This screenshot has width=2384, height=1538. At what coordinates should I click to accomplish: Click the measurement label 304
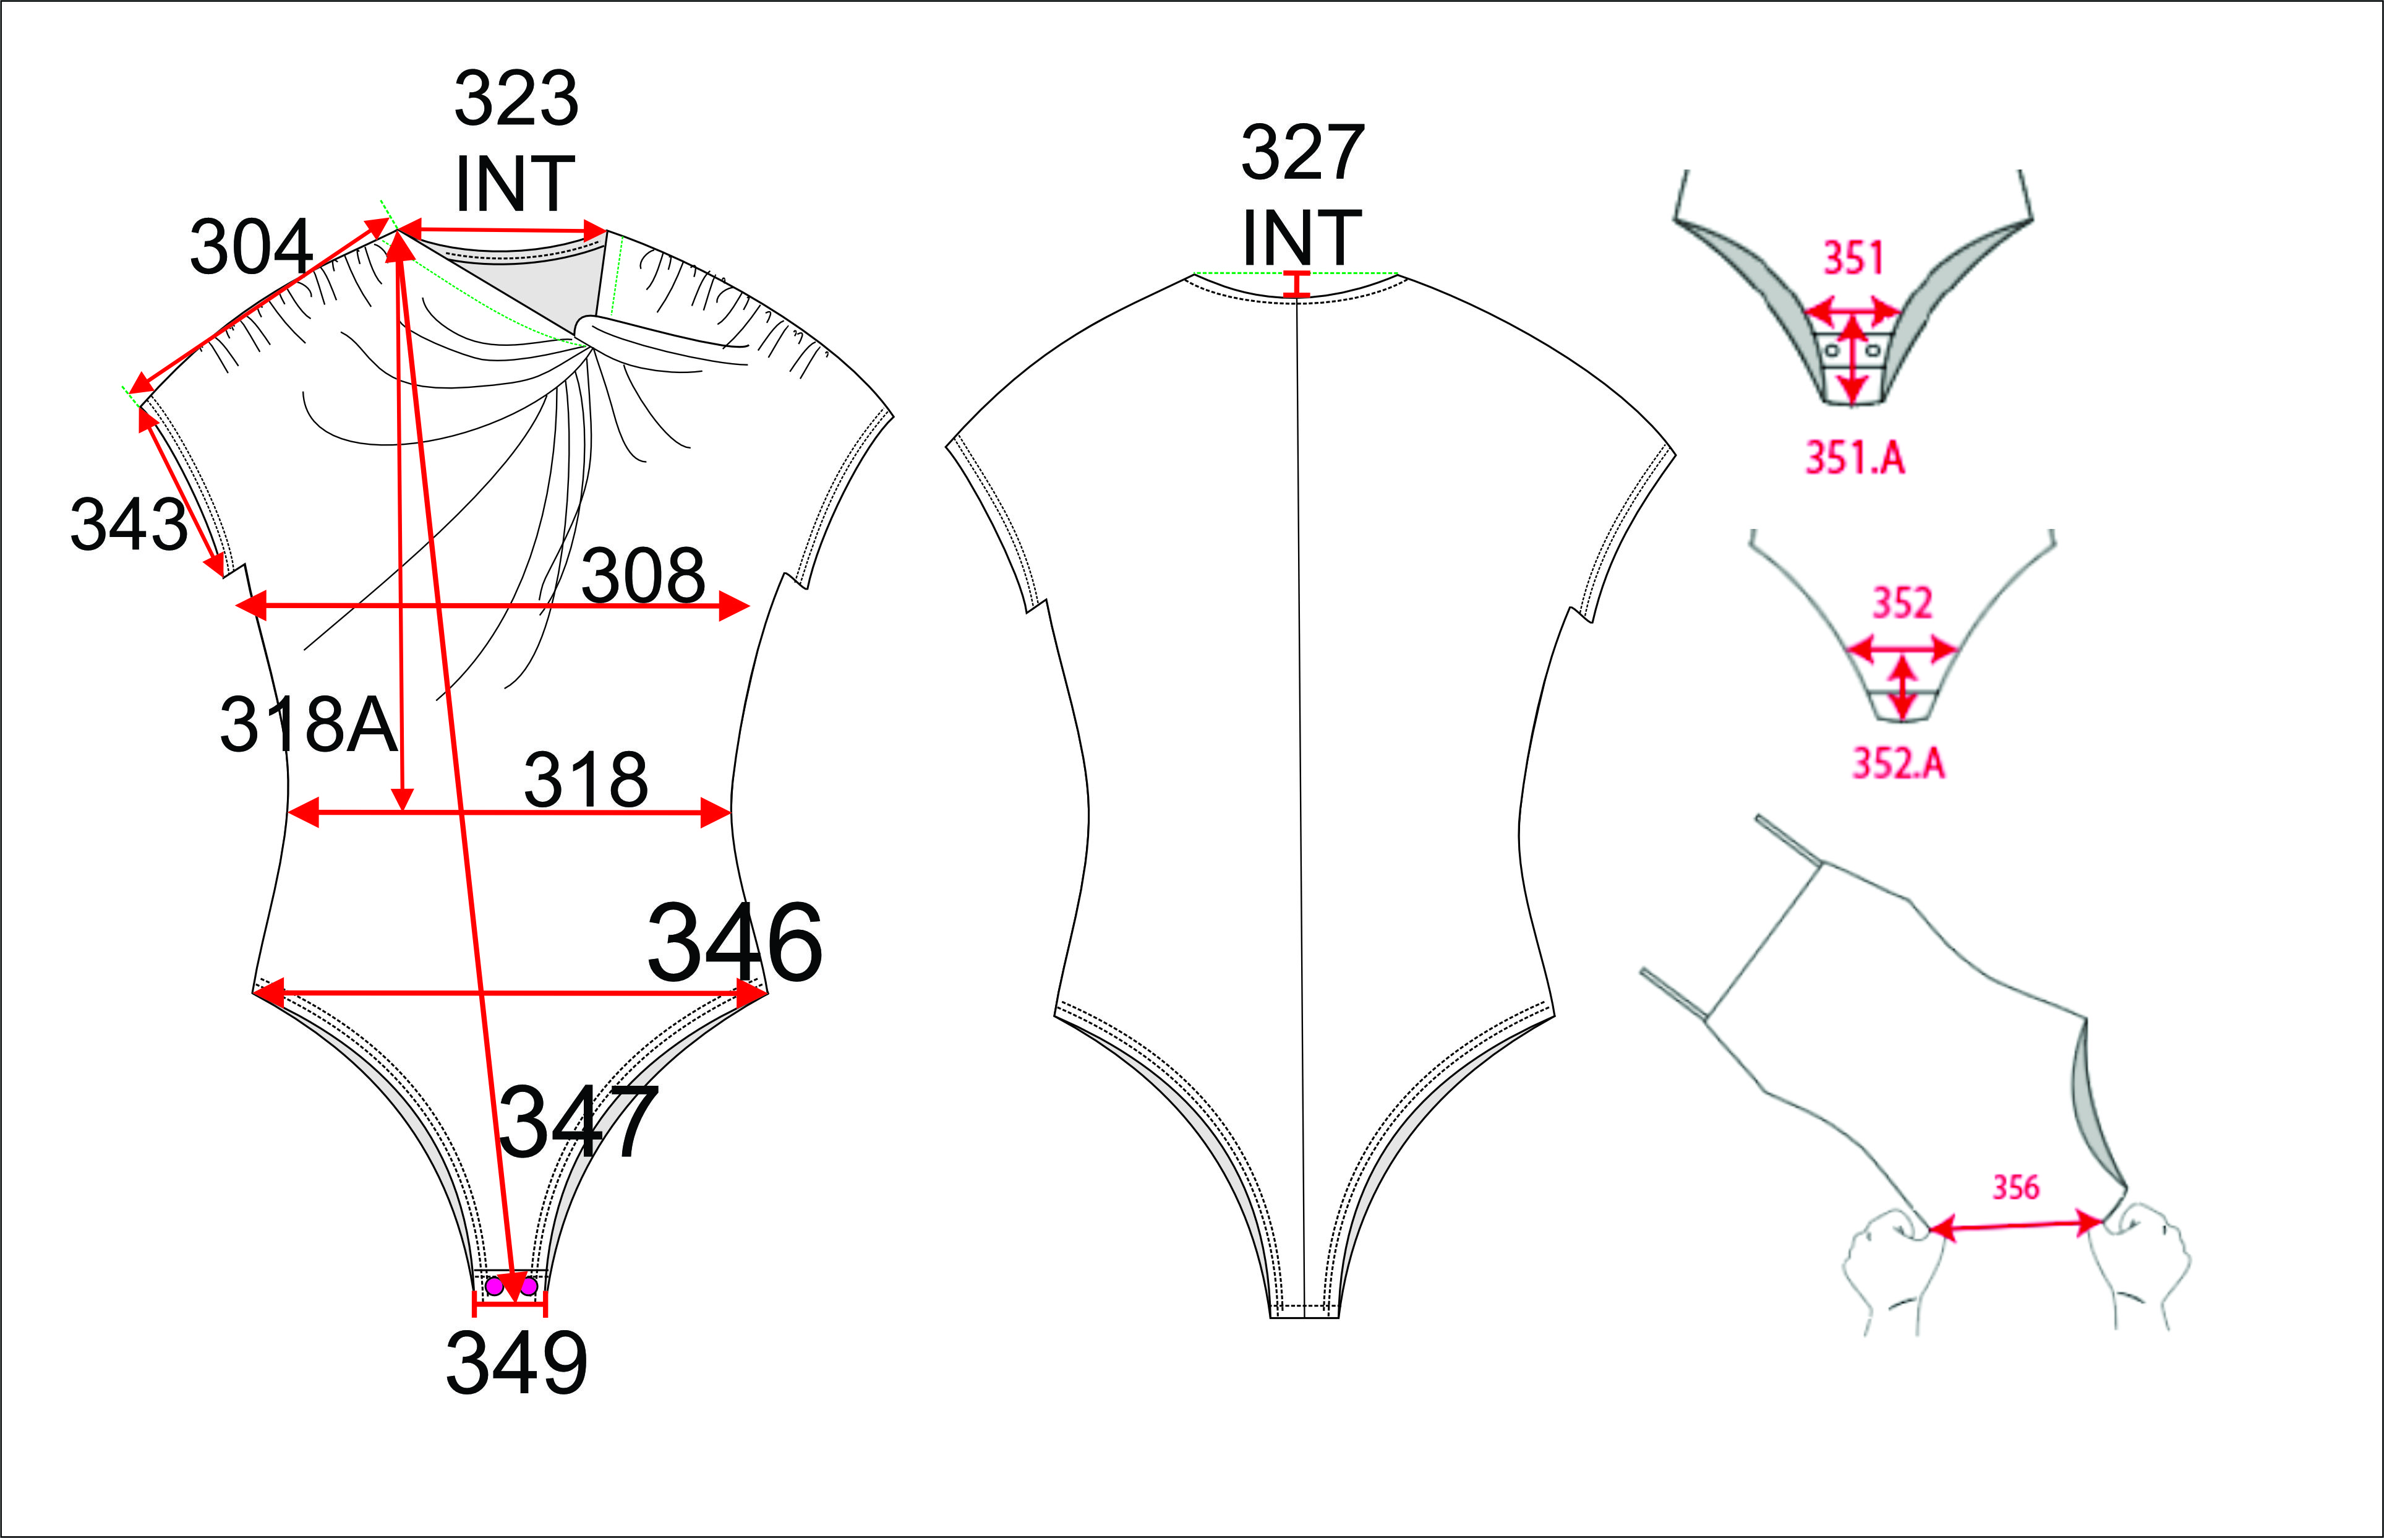(252, 247)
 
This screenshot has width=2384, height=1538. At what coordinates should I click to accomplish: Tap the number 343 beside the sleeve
(129, 525)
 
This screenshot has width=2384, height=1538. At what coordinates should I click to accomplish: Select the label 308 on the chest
(644, 576)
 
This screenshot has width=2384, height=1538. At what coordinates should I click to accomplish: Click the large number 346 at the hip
(735, 942)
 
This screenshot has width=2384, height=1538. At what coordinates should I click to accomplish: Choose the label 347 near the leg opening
(579, 1122)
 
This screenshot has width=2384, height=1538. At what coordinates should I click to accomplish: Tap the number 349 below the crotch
(517, 1364)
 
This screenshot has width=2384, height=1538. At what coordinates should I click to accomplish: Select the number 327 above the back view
(1302, 153)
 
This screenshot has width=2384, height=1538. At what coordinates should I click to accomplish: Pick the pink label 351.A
(1855, 458)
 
